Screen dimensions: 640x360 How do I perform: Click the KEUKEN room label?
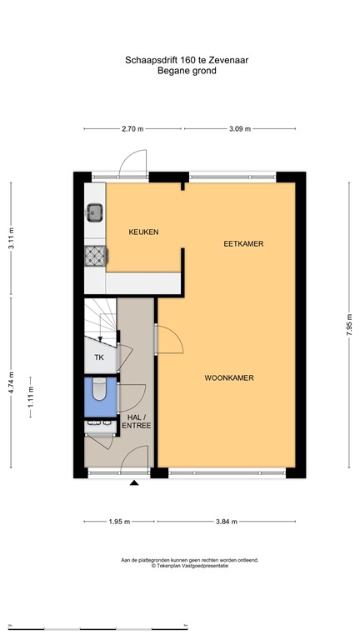coord(143,232)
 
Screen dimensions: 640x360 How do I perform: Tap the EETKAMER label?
coord(243,244)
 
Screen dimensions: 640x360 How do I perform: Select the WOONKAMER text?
coord(228,377)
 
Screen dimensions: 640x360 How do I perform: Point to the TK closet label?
coord(99,357)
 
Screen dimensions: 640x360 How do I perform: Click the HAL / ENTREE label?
coord(137,422)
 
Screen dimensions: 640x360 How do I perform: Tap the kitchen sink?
coord(94,212)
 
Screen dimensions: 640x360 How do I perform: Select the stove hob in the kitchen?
coord(94,257)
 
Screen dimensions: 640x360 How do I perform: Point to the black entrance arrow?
coord(134,482)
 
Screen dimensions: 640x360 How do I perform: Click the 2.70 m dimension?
coord(133,129)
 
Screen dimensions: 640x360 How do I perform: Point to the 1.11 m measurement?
coord(31,390)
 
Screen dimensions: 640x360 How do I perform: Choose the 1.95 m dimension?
coord(120,522)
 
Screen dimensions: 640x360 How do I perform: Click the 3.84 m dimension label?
coord(225,522)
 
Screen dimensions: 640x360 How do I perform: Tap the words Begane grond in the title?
coord(187,72)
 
